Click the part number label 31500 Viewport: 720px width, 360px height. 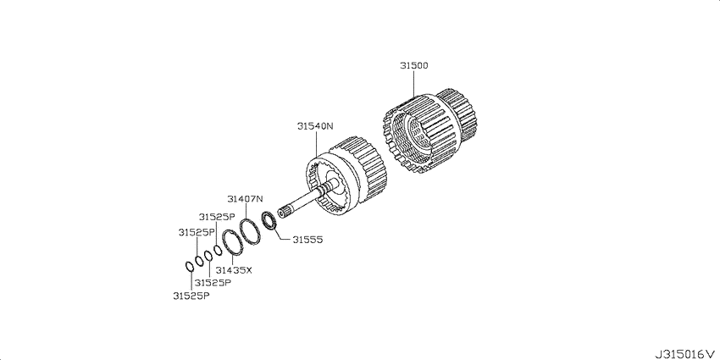(413, 66)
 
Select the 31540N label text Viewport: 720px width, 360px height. (314, 126)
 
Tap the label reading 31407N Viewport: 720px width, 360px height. (245, 199)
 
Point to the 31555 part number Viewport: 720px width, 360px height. (308, 240)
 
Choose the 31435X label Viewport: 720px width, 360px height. (234, 270)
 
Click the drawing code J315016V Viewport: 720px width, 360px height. (685, 354)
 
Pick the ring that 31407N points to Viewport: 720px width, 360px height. (250, 231)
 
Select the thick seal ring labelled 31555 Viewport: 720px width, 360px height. (269, 220)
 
